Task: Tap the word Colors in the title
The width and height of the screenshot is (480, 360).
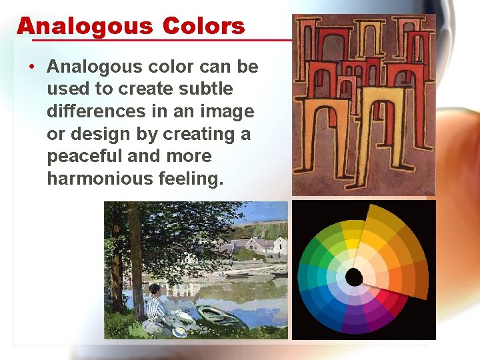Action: pos(203,27)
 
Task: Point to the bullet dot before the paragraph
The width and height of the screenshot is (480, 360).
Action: pos(32,67)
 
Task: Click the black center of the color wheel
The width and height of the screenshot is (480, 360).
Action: pos(354,276)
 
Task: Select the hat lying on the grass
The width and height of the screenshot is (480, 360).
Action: pos(179,330)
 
